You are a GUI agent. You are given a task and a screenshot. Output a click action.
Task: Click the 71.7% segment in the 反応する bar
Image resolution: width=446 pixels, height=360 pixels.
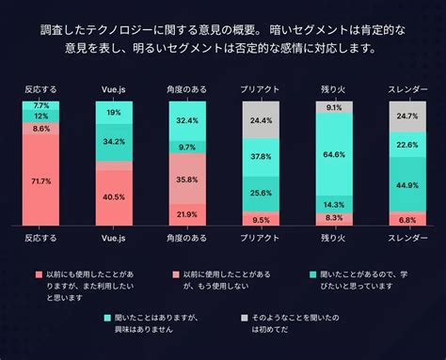41,180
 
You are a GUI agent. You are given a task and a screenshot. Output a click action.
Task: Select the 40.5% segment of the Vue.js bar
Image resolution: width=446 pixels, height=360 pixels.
114,197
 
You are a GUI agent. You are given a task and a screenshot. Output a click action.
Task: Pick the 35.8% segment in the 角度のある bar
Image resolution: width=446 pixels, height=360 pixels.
186,179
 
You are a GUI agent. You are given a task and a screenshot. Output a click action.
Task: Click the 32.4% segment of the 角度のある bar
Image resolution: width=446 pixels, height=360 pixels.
186,121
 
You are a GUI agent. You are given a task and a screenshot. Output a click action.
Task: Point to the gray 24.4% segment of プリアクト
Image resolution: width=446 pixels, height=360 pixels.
260,121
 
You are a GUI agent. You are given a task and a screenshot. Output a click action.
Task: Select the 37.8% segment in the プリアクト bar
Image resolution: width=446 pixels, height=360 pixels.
260,158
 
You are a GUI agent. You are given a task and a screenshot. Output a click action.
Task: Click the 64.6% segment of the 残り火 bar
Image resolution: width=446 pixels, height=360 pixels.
332,154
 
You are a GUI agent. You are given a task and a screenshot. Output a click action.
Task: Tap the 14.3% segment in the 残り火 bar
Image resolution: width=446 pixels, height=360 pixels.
332,204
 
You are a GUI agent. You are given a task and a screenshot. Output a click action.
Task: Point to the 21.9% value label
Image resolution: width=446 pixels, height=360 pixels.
186,215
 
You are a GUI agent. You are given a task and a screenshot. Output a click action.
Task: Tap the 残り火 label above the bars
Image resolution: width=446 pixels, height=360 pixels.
332,89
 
